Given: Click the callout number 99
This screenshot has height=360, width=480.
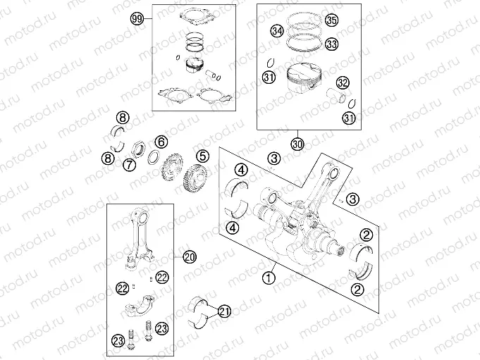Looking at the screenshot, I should pyautogui.click(x=137, y=20).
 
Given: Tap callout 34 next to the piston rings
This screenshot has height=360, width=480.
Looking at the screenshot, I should pyautogui.click(x=277, y=32).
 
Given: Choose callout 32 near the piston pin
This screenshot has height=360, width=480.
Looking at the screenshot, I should pyautogui.click(x=343, y=82).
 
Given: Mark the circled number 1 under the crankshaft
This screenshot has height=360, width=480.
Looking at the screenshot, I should pyautogui.click(x=267, y=278).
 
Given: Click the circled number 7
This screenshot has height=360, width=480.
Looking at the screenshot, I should pyautogui.click(x=129, y=166).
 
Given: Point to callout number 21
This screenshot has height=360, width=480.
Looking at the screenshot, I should pyautogui.click(x=224, y=311).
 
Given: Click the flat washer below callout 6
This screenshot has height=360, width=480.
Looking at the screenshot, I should pyautogui.click(x=151, y=159).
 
